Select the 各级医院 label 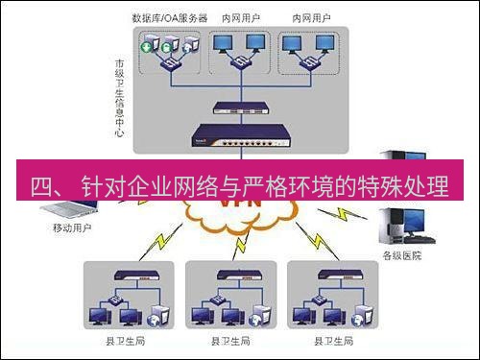[x=400, y=254]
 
